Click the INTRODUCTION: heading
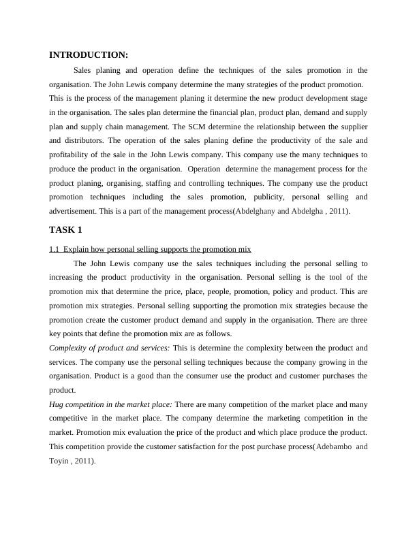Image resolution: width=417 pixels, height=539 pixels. tap(89, 55)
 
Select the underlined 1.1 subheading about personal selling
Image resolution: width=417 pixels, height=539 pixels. tap(151, 250)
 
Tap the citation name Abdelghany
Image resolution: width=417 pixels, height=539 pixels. tap(256, 212)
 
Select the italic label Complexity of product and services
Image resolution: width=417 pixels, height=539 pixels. tap(110, 348)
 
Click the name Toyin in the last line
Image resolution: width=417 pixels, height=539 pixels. tap(59, 461)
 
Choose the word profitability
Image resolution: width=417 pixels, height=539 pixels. tap(72, 155)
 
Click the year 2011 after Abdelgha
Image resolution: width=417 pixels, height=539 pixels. tap(337, 212)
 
